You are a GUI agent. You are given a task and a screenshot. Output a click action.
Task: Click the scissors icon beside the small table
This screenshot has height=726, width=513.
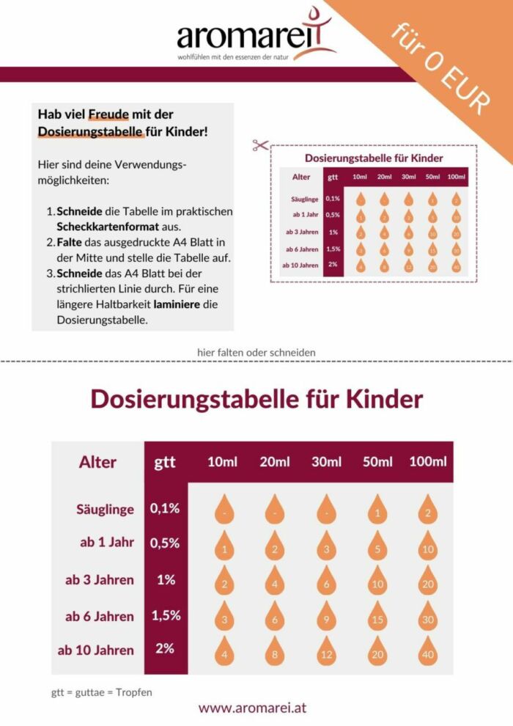point(259,145)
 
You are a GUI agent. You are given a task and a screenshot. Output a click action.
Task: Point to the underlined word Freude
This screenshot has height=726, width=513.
point(108,114)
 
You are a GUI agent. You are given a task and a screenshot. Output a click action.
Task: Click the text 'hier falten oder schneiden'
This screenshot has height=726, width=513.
point(256,352)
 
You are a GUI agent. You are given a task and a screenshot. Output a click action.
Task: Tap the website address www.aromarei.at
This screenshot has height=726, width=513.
point(252,708)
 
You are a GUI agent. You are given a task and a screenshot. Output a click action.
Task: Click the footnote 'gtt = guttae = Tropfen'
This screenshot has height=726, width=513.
point(102,692)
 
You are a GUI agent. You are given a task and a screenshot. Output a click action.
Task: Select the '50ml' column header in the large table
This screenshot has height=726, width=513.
point(376,462)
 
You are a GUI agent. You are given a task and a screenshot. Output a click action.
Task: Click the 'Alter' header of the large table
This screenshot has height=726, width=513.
point(97,462)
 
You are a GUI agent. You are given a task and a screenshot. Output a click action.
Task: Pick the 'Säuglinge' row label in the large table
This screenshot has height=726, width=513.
point(105,509)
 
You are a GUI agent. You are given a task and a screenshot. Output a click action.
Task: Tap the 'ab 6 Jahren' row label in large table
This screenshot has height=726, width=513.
point(100,616)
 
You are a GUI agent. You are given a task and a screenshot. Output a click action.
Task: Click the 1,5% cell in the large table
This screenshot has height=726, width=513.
point(166,615)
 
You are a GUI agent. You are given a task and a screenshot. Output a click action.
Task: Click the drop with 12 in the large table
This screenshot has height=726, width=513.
point(326,650)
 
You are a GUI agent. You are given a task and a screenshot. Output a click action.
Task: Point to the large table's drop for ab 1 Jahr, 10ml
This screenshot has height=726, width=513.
point(226,546)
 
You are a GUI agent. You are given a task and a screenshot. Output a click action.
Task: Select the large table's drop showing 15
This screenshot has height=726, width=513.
point(377,616)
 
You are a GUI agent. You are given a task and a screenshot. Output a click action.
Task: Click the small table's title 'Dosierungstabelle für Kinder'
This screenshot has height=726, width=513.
point(374,158)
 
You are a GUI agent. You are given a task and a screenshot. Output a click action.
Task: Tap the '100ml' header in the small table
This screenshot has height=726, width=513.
point(456,177)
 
